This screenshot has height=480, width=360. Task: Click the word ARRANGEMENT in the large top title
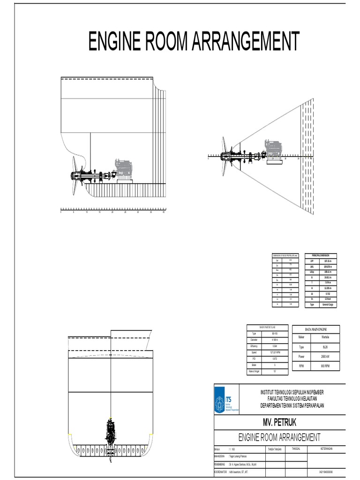tap(242, 43)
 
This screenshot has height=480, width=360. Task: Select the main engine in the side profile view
tap(123, 170)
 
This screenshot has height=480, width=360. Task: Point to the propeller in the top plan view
tap(225, 156)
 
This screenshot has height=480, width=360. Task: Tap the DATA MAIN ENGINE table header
tap(316, 330)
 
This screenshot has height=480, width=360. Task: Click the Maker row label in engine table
tap(302, 337)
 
